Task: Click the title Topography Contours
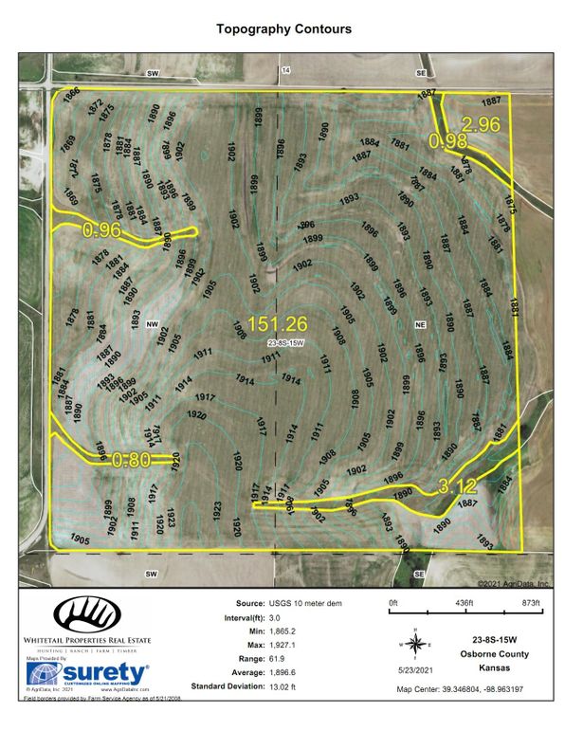(283, 29)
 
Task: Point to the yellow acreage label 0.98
(447, 141)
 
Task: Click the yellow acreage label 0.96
(102, 229)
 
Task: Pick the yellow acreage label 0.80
(131, 461)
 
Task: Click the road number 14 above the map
(283, 69)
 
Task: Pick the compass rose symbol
(416, 644)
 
